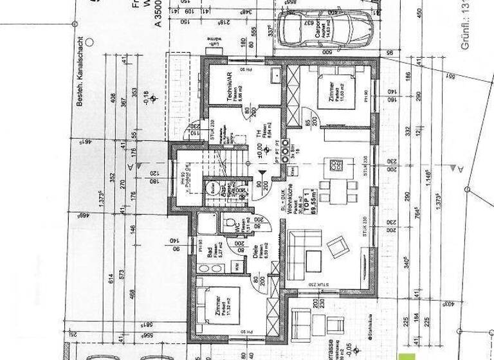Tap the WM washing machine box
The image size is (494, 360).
click(x=237, y=265)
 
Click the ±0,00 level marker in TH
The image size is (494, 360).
click(x=259, y=154)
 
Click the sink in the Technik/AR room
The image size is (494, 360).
click(x=275, y=76)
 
